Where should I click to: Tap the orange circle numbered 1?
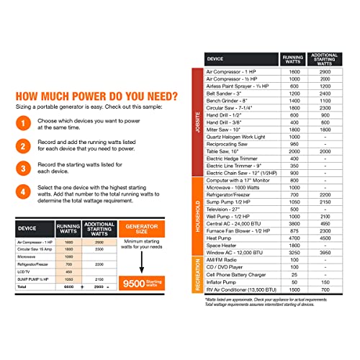23,125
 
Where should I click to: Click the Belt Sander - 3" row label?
227,94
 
